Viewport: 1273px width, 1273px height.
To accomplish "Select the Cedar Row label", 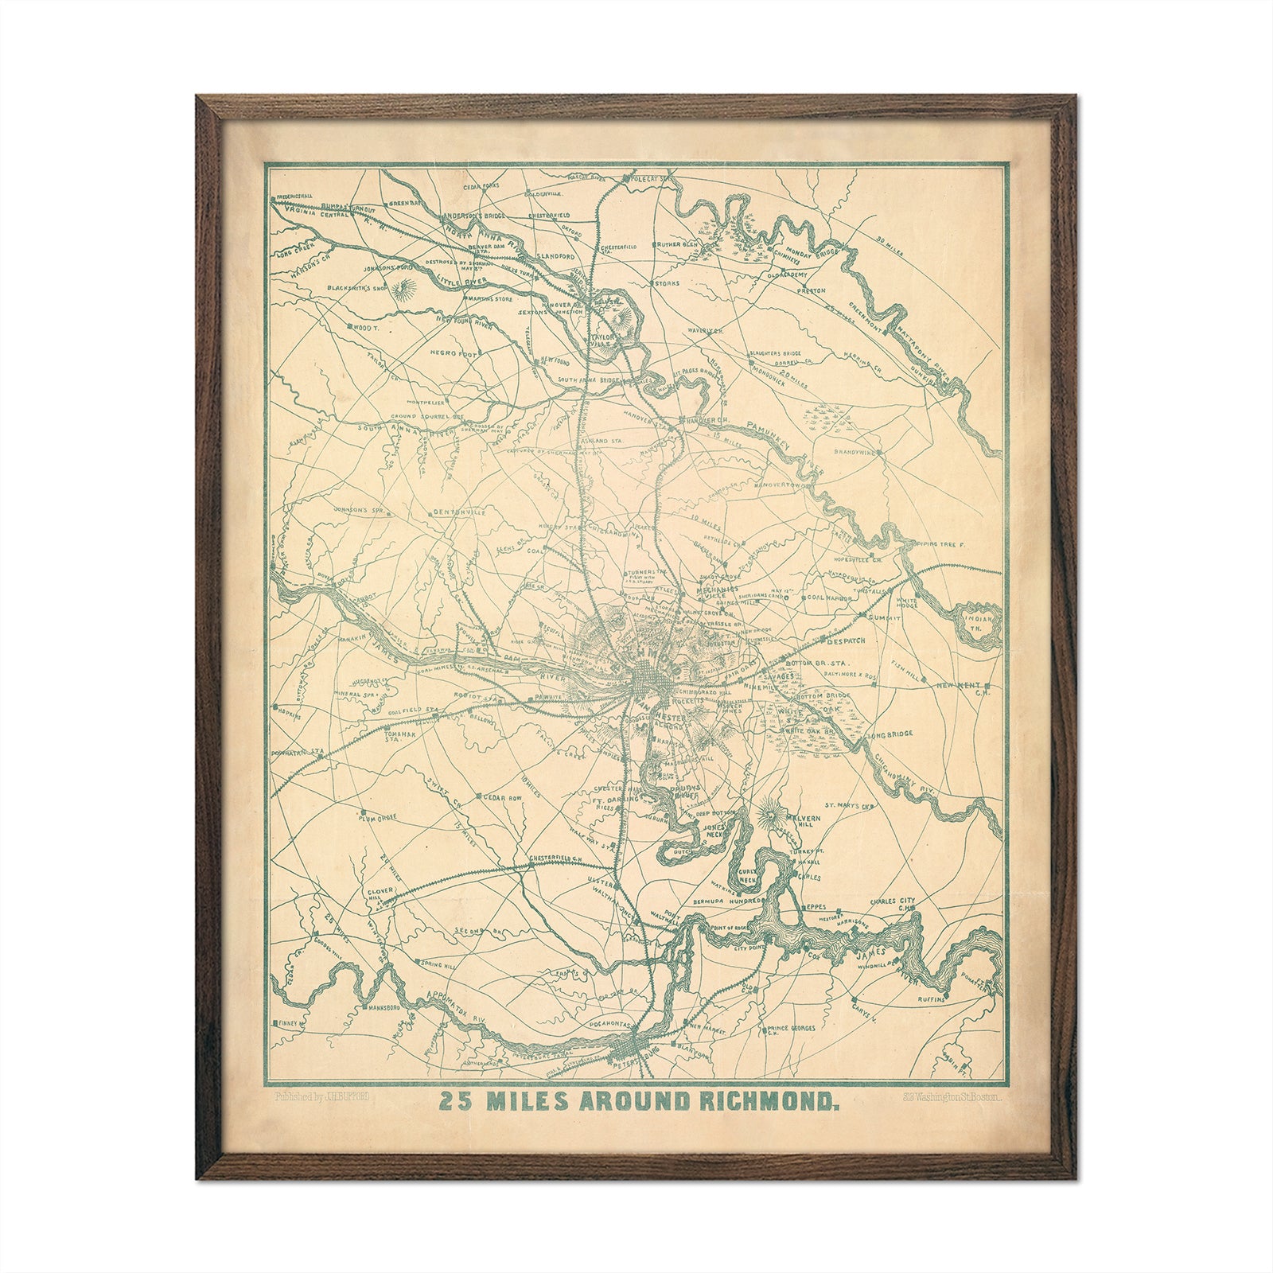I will pos(503,796).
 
